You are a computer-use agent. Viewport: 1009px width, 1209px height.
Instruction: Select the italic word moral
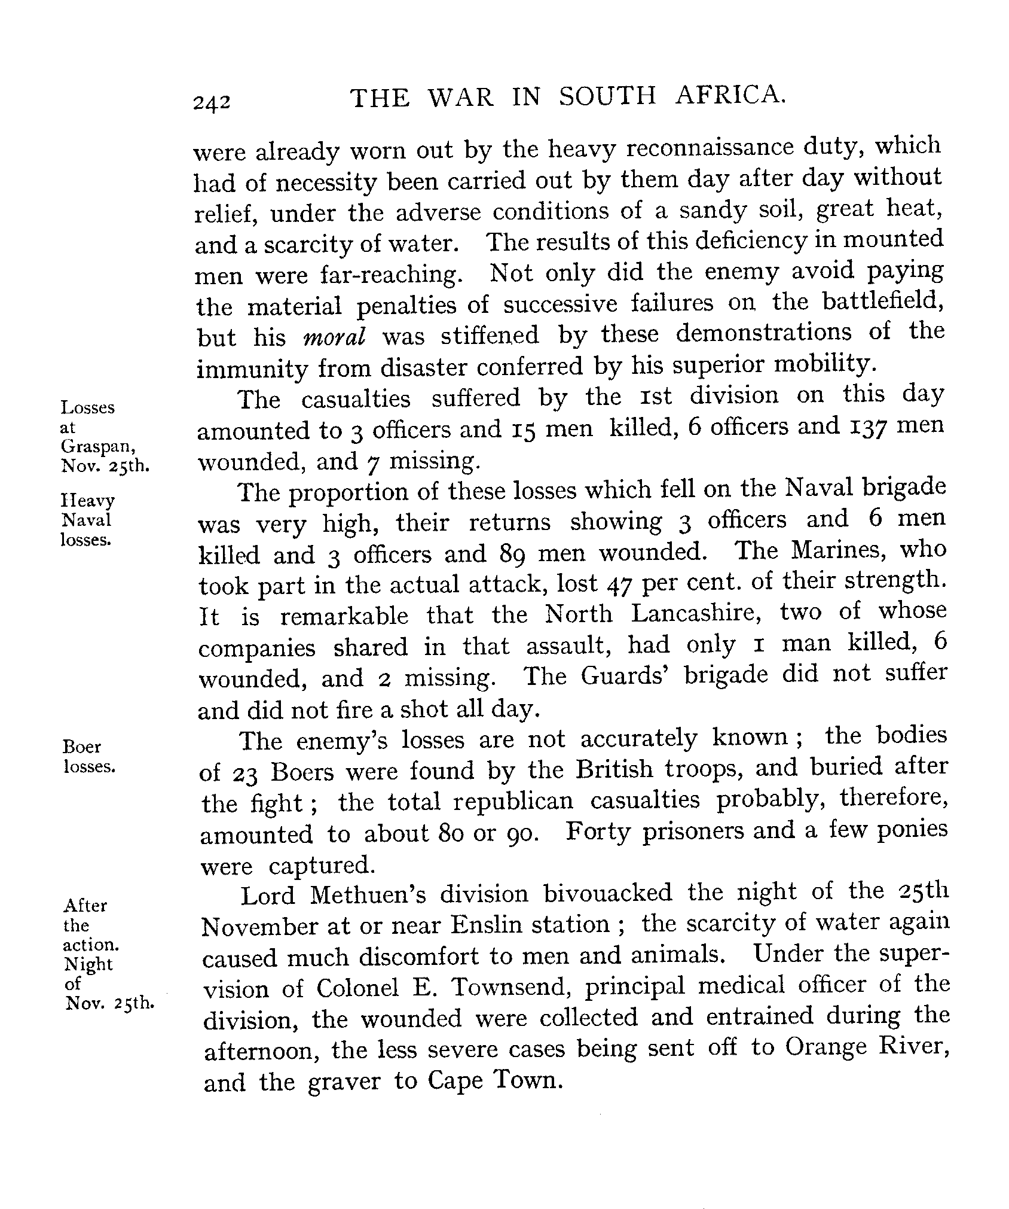(x=334, y=337)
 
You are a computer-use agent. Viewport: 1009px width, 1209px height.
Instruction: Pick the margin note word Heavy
(x=87, y=500)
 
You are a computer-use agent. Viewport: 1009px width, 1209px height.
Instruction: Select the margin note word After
(x=85, y=905)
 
